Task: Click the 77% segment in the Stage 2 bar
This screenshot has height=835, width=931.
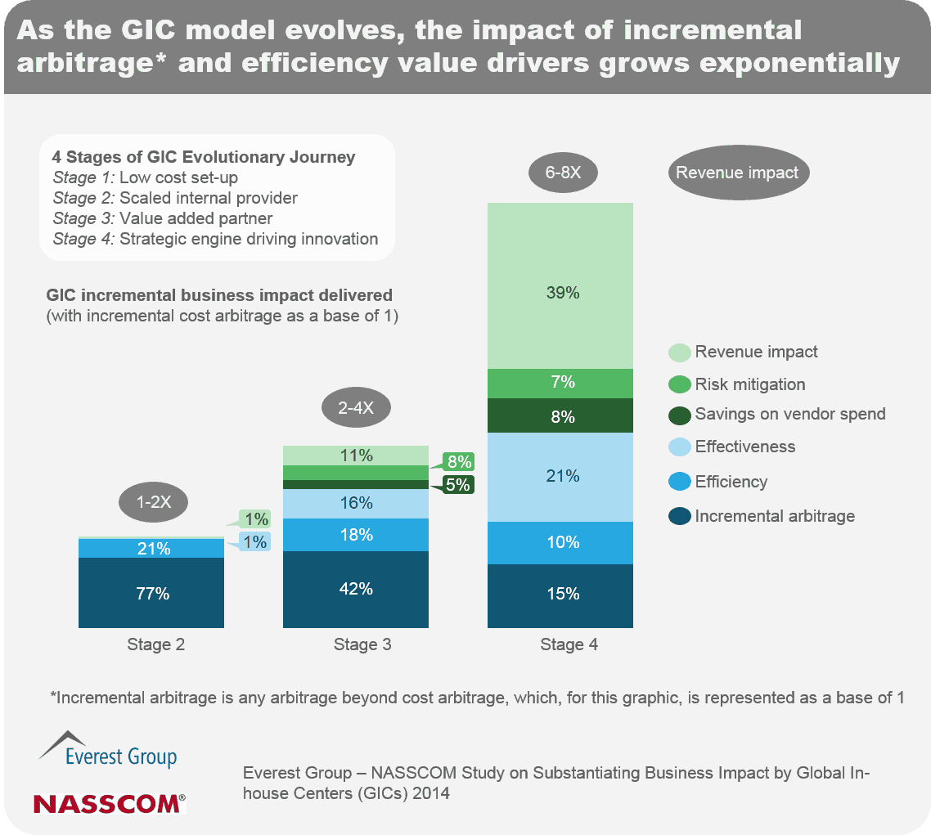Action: (153, 593)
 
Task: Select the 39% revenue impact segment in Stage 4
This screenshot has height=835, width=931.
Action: (561, 292)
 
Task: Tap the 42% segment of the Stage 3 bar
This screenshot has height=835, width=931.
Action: (357, 589)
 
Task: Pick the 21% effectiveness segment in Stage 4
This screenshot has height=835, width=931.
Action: (561, 476)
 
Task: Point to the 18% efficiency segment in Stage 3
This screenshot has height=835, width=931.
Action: (357, 535)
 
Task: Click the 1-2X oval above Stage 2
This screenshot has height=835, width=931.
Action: (154, 503)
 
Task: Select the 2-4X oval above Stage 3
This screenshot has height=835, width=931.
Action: (356, 408)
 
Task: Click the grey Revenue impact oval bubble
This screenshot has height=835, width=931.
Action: (737, 173)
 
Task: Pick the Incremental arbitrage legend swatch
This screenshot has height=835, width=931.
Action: (679, 516)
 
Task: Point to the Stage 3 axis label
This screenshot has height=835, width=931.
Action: (362, 644)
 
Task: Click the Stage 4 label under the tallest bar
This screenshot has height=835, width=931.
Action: (569, 644)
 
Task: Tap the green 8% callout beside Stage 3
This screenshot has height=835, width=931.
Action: (458, 460)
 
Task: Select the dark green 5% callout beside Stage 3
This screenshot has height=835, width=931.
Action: (458, 484)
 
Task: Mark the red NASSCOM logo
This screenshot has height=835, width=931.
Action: (109, 803)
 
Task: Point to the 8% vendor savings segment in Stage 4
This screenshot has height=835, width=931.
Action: (561, 416)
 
